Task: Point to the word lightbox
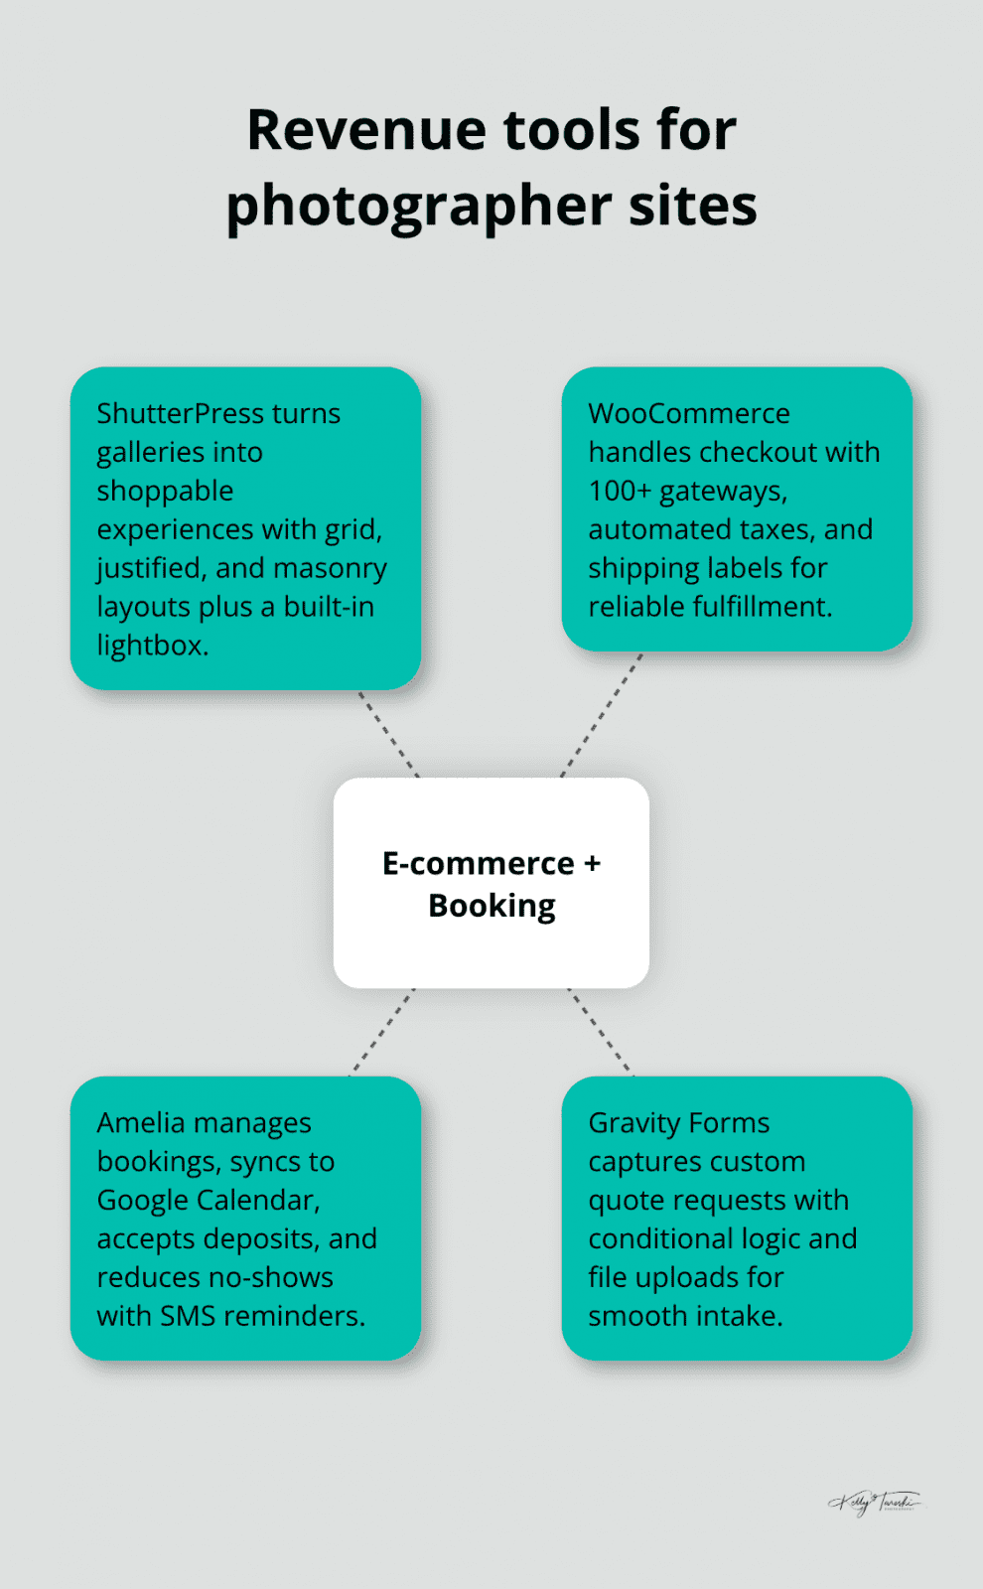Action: click(x=150, y=646)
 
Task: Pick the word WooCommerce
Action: click(x=688, y=413)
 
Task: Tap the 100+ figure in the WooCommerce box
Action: click(x=619, y=491)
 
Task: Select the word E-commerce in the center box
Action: click(x=478, y=864)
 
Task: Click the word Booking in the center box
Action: click(x=491, y=906)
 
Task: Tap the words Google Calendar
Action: click(x=208, y=1201)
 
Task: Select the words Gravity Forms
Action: click(x=678, y=1123)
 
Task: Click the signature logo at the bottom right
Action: click(x=875, y=1502)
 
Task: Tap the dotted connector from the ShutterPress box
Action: click(x=389, y=734)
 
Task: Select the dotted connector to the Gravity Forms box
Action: click(x=600, y=1032)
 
